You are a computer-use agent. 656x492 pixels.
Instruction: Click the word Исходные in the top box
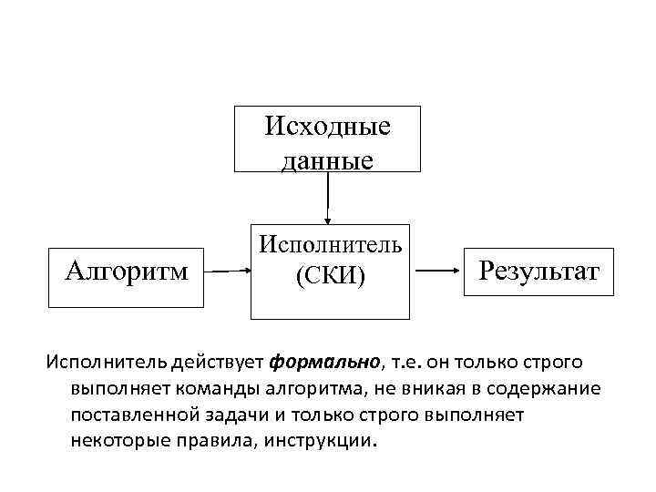[328, 126]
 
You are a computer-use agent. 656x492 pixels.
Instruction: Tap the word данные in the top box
[328, 160]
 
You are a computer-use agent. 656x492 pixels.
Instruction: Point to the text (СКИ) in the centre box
[330, 275]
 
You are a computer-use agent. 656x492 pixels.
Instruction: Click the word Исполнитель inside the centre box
[330, 243]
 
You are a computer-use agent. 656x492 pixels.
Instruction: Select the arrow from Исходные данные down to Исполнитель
[329, 198]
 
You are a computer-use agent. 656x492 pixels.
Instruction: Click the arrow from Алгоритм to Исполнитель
[227, 271]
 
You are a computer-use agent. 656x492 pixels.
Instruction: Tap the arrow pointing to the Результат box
[441, 271]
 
